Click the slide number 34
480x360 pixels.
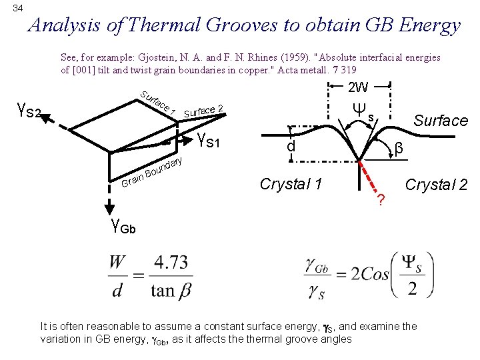[18, 8]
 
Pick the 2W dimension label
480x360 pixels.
[359, 87]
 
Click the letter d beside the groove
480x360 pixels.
[291, 145]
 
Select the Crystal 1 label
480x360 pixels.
[291, 184]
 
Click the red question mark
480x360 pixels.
[381, 200]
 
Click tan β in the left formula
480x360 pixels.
[169, 290]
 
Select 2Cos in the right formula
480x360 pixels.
[367, 275]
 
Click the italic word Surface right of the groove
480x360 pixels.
[441, 121]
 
